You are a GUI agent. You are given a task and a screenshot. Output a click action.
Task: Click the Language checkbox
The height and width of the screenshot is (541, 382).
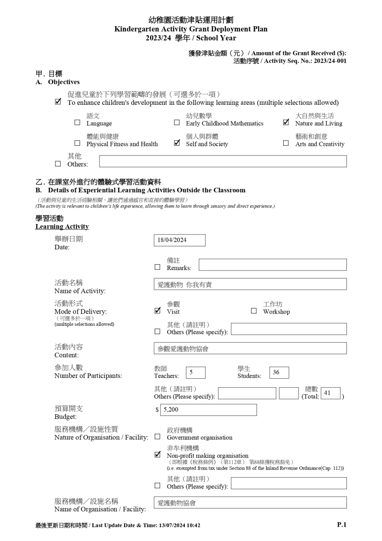(77, 123)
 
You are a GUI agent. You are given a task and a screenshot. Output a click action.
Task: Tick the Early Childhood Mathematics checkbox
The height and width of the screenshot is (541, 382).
(177, 123)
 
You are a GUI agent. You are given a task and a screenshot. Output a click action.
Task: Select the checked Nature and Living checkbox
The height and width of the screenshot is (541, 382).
(286, 123)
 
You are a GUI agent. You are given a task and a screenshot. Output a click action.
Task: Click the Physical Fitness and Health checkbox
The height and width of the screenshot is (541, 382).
(77, 143)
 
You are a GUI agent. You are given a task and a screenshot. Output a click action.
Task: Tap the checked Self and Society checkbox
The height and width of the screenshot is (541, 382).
(177, 143)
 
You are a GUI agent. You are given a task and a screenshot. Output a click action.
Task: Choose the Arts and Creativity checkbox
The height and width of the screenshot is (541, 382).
(286, 143)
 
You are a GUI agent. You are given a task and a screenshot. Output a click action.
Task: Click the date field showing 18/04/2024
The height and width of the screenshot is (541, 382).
(179, 240)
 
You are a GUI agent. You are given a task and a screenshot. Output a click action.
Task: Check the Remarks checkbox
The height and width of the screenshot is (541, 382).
(158, 267)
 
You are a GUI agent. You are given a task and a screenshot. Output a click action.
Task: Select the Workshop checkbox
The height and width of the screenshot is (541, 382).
(254, 311)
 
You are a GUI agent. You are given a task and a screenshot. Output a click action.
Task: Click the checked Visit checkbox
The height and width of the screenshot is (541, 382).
(158, 311)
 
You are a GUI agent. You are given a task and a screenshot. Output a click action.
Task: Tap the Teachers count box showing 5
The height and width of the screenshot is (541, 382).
(195, 372)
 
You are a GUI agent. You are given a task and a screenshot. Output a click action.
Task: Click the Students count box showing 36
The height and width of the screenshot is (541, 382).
(279, 372)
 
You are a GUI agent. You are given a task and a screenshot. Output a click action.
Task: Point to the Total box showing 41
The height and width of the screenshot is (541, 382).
(330, 393)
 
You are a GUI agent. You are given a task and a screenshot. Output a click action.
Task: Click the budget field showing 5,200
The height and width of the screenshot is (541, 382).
(208, 410)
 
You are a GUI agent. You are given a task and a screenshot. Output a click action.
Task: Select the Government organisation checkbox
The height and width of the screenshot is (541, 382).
(158, 437)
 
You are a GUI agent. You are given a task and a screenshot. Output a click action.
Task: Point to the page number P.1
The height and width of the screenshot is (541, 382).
(341, 525)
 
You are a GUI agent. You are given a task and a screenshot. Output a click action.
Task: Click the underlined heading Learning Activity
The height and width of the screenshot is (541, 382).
(62, 227)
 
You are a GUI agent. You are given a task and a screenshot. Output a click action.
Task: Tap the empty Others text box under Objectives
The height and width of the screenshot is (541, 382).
(223, 161)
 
